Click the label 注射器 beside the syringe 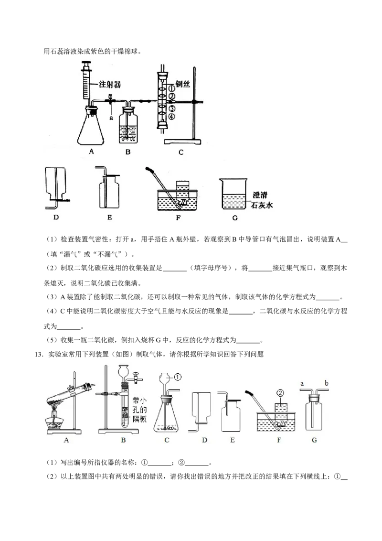click(x=110, y=84)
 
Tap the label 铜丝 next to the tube click(x=183, y=84)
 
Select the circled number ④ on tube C click(x=171, y=117)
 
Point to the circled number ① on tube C click(x=171, y=88)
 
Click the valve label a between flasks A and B click(x=111, y=118)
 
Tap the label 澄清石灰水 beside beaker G click(x=262, y=200)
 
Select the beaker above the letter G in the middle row click(x=234, y=194)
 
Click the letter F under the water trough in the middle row click(x=178, y=218)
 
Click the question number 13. click(x=40, y=354)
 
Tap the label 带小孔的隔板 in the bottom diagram click(x=139, y=410)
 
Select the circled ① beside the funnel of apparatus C click(x=177, y=378)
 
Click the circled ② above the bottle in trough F click(x=280, y=393)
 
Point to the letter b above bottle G click(x=327, y=383)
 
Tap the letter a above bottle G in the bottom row click(x=302, y=383)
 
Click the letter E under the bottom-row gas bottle click(x=233, y=440)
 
